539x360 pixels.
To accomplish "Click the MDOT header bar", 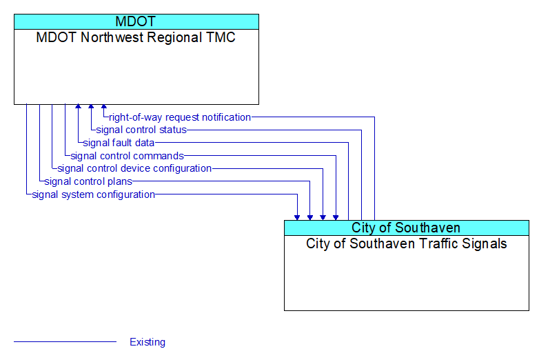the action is (136, 21).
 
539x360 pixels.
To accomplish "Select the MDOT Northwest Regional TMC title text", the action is (136, 37).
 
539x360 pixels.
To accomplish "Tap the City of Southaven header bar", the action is (406, 228).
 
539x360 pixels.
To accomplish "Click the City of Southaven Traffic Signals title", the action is (406, 243).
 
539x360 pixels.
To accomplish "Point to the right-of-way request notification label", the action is (180, 117).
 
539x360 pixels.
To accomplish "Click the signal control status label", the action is (141, 130).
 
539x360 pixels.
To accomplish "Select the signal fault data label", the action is (119, 143).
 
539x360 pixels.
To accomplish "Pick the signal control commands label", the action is (128, 156).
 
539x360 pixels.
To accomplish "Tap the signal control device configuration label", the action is (134, 168).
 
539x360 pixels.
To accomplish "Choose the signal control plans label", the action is (88, 181).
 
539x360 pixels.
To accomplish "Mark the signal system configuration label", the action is (94, 194).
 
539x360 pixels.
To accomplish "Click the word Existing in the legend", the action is (148, 342).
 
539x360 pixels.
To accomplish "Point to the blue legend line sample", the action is (65, 342).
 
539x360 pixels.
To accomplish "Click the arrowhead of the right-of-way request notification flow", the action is (104, 107).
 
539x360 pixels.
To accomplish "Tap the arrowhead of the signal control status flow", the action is (91, 107).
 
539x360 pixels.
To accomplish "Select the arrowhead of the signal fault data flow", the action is (79, 107).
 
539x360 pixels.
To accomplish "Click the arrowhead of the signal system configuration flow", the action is (297, 218).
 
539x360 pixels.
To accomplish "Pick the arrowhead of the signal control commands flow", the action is (336, 218).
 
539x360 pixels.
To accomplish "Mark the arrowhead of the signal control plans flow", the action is (310, 218).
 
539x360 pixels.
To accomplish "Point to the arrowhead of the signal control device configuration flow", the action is (323, 218).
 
